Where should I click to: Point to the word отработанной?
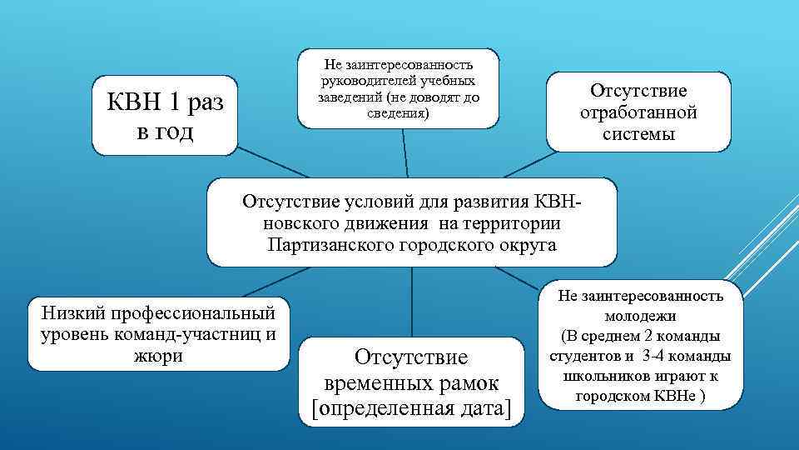[x=638, y=112]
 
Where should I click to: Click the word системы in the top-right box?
[x=638, y=133]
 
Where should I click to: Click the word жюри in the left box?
[x=158, y=355]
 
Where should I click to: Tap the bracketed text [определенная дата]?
[x=411, y=408]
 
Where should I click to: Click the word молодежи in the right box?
[x=640, y=316]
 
